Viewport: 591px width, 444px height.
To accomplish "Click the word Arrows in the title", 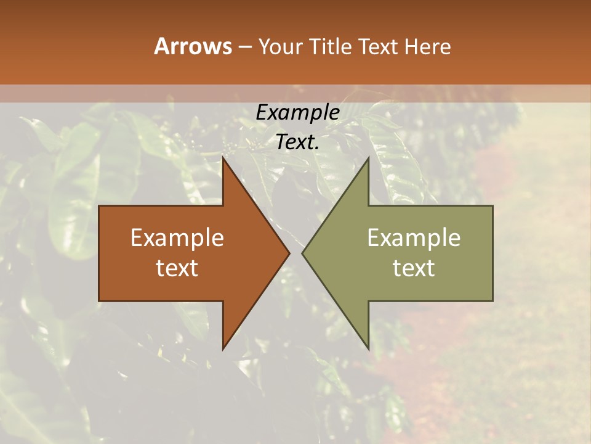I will (x=192, y=46).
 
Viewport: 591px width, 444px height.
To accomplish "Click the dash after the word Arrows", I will (x=244, y=47).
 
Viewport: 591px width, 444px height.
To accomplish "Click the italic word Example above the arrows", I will (x=298, y=112).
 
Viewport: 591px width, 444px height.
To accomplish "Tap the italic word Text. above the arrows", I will (x=298, y=142).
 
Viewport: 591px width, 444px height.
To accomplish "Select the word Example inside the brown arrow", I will (x=177, y=238).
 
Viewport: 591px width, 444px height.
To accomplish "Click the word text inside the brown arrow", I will (x=177, y=268).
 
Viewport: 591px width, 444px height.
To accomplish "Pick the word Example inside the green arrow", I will (x=414, y=238).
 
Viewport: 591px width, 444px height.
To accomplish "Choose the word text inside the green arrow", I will (x=414, y=268).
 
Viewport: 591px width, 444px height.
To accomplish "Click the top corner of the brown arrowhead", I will (x=223, y=159).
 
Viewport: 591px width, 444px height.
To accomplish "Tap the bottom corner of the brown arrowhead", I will (x=223, y=348).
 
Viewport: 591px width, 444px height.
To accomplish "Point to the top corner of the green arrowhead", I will (x=368, y=159).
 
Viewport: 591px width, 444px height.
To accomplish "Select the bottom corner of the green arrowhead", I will (x=368, y=348).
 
